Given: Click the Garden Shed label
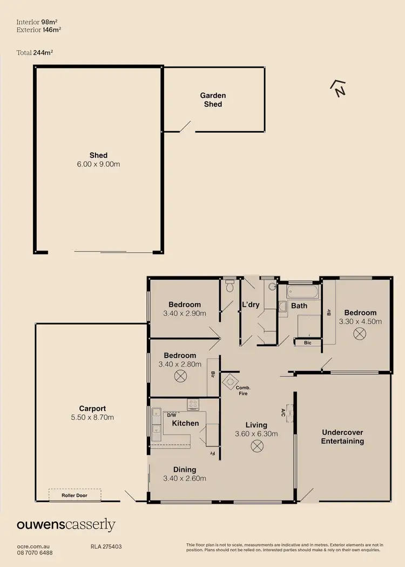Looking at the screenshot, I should coord(213,100).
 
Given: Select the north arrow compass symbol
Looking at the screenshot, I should coord(339,88).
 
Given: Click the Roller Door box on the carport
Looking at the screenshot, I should coord(75,495).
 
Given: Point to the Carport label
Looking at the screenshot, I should coord(92,409).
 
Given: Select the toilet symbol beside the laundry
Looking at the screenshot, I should coord(230,286).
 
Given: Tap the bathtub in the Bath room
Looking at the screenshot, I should coord(303,292).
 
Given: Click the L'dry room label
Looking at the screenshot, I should coord(251,305).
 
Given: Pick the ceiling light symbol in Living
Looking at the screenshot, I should coord(257,446).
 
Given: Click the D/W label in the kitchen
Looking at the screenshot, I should coord(159,414).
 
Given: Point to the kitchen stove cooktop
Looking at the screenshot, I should coord(193,404).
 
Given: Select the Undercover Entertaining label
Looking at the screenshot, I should coord(342,437).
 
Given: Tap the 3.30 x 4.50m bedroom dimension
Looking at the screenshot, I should coord(360,321).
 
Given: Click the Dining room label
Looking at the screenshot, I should coord(185,469).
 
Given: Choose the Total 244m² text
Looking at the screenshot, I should coord(35,52).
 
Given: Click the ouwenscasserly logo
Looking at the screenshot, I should coord(66,525).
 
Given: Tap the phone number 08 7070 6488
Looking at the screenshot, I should coord(35,553).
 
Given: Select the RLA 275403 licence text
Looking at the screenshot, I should coord(106,546).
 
